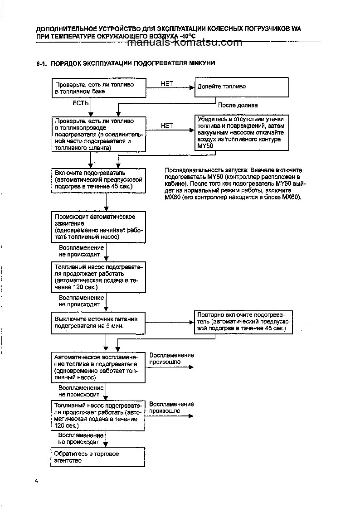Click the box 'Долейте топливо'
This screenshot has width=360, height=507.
(x=241, y=87)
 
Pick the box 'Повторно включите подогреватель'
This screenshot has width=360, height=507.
(x=243, y=322)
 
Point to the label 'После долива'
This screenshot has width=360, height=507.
(x=235, y=105)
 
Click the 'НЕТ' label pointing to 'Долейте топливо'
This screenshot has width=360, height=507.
(x=167, y=83)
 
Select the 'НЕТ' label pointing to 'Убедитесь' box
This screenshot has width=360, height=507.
(x=167, y=126)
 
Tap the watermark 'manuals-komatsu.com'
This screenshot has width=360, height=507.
(x=185, y=43)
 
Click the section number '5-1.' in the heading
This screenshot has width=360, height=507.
(x=42, y=63)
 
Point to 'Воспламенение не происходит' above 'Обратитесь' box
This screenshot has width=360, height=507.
(x=81, y=438)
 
